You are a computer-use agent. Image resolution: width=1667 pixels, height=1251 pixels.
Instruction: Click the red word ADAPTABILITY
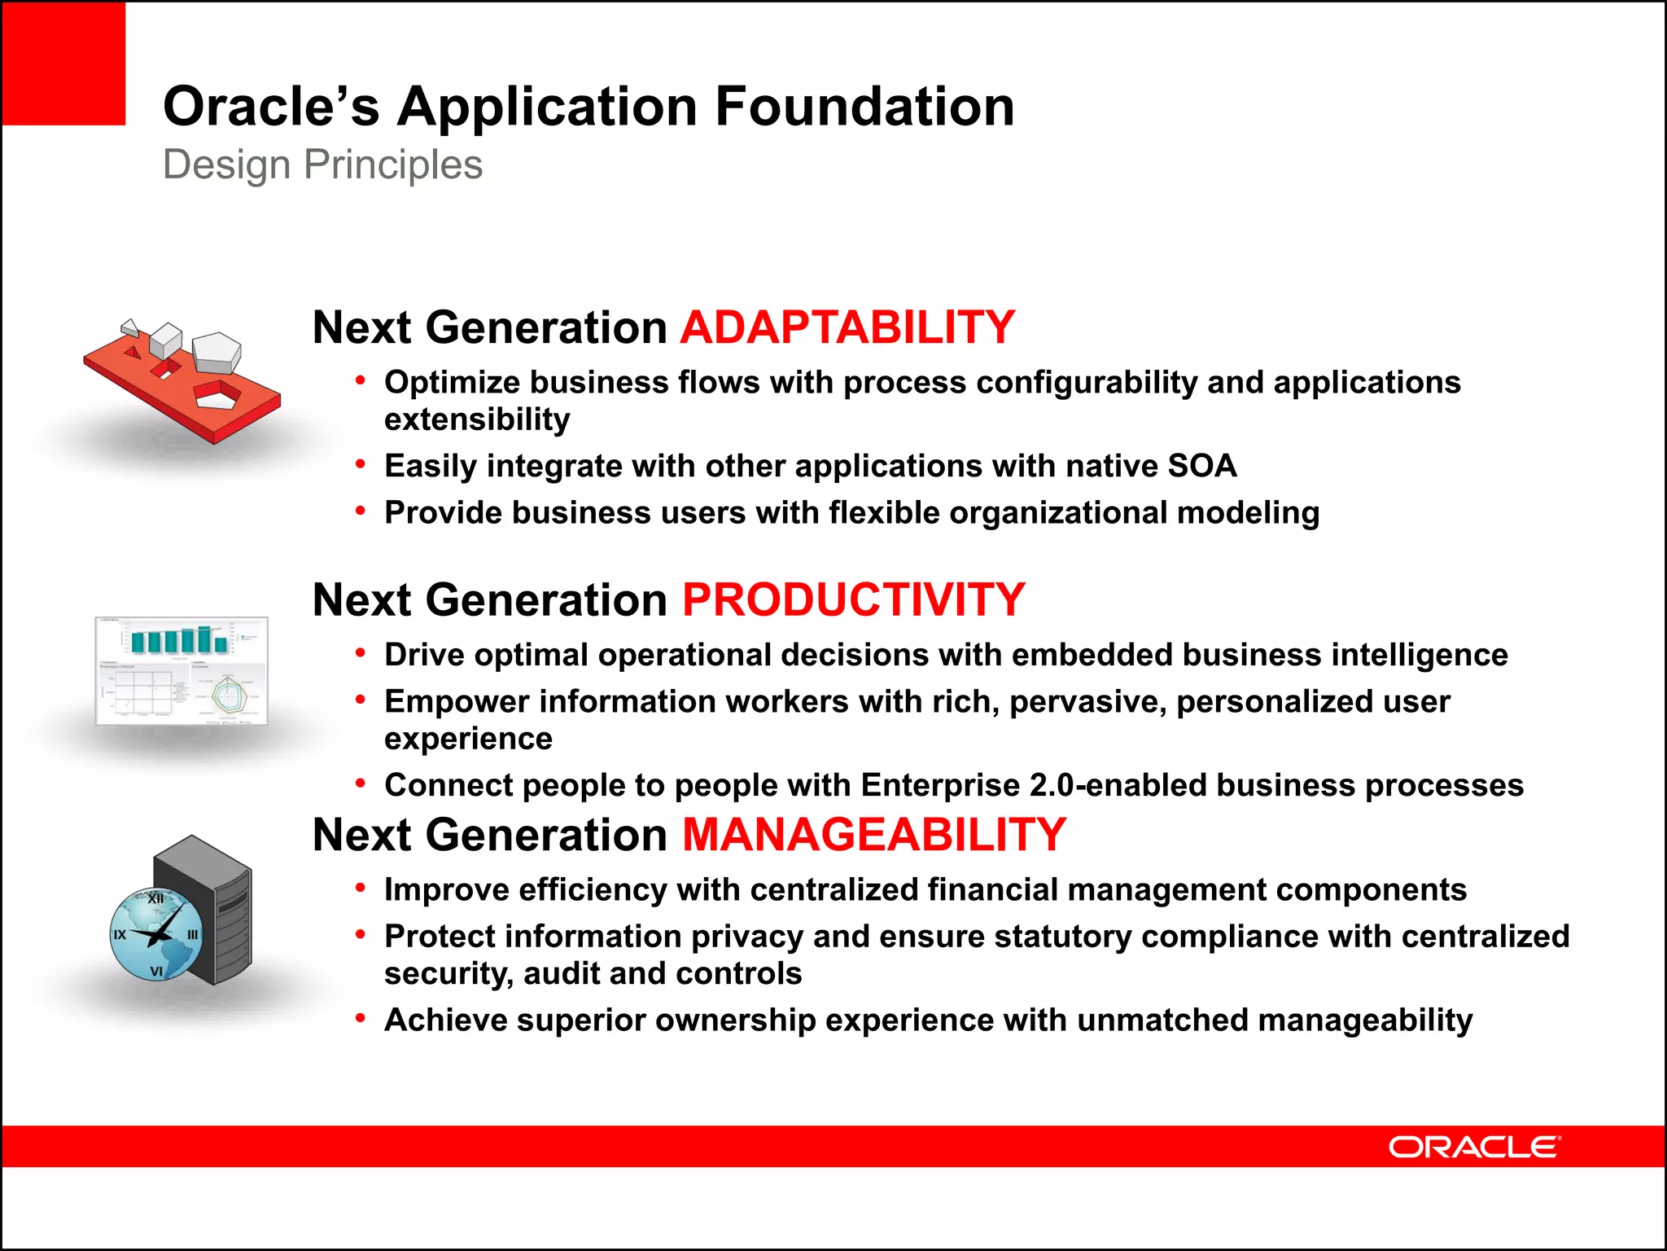pos(847,327)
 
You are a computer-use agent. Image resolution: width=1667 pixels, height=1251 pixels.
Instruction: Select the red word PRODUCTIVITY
pos(853,600)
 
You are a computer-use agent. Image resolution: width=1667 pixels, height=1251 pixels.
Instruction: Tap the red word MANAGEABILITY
pos(873,835)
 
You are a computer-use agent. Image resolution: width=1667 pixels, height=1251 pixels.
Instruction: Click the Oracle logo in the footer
pos(1474,1147)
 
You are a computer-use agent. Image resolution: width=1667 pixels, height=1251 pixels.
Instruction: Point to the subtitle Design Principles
pos(322,165)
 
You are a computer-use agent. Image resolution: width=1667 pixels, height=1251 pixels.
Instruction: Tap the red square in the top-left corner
pos(63,63)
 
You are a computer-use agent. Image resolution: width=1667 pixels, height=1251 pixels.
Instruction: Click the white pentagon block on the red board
pos(217,351)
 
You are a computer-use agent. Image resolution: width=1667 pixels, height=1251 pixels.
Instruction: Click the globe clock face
pos(156,934)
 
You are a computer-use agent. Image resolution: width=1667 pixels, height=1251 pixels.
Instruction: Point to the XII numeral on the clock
pos(155,899)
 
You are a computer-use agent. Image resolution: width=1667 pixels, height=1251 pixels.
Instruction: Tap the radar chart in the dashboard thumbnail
pos(229,695)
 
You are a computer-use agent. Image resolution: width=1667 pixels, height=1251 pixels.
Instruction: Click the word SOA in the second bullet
pos(1201,467)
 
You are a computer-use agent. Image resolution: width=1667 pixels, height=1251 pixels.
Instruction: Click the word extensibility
pos(477,419)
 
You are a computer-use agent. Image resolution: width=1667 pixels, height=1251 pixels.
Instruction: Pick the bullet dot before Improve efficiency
pos(360,888)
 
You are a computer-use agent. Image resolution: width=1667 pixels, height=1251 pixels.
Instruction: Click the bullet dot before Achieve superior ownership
pos(360,1018)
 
